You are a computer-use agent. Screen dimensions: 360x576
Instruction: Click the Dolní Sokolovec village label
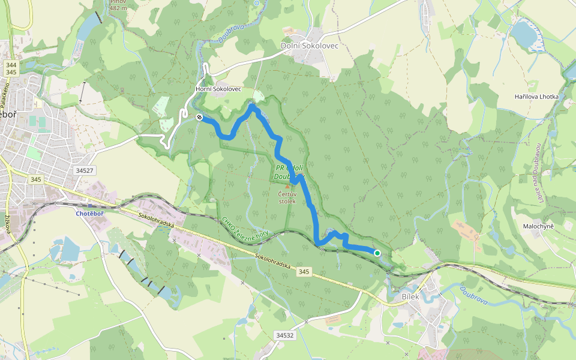tap(310, 46)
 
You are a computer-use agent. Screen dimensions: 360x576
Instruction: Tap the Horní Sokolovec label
tap(218, 89)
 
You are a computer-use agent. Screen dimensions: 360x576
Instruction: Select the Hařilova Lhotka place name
tap(536, 97)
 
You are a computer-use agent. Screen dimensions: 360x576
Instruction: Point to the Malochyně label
tap(538, 226)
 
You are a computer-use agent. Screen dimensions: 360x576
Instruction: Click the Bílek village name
tap(410, 296)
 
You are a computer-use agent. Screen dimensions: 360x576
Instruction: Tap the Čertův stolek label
tap(287, 197)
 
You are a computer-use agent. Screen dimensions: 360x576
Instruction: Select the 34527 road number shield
tap(85, 170)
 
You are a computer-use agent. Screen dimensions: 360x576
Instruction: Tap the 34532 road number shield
tap(284, 335)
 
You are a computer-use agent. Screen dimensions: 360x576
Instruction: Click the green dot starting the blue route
tap(377, 253)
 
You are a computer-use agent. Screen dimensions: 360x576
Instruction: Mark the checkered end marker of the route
tap(199, 117)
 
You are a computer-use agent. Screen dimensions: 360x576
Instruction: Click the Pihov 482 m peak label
tap(119, 5)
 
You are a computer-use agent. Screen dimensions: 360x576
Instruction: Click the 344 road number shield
tap(11, 64)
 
